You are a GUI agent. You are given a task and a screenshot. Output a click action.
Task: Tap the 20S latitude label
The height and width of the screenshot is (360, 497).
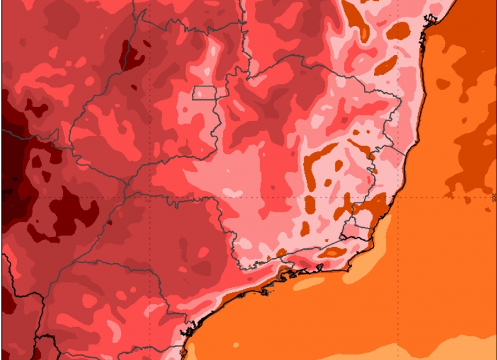[x=493, y=197]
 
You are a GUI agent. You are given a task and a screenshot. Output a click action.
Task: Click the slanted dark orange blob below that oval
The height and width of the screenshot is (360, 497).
[x=386, y=64]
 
